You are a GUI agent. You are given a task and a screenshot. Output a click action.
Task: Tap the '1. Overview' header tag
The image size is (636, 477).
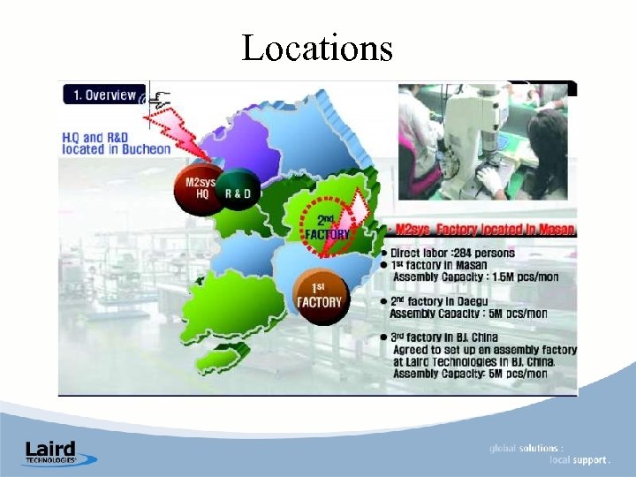point(103,95)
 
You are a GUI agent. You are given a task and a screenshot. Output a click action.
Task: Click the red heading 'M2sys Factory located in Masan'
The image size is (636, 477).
point(486,230)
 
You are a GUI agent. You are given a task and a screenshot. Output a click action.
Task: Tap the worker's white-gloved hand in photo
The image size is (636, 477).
point(491,181)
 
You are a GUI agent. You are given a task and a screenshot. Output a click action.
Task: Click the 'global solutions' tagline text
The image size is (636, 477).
point(526,449)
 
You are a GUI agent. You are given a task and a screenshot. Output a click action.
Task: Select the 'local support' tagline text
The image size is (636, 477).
point(579,460)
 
